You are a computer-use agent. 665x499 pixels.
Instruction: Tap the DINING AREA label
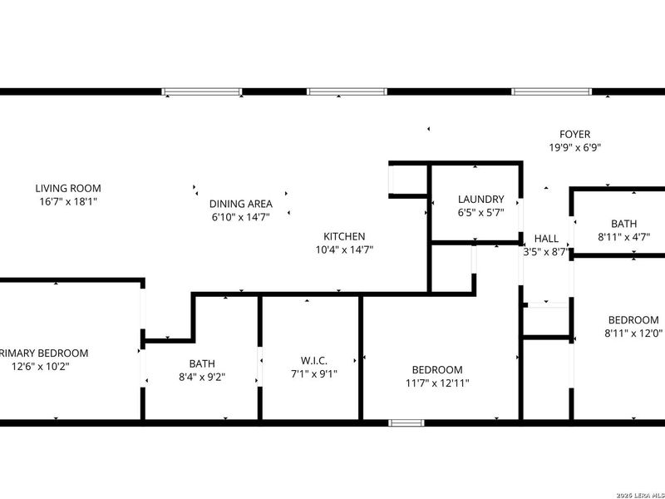coord(241,203)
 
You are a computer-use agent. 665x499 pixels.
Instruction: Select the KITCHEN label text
coord(344,237)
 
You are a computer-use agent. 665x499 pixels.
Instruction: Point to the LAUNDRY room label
coord(480,200)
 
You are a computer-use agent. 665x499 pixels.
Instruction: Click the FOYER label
coord(574,134)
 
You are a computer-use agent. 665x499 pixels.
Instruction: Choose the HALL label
coord(546,239)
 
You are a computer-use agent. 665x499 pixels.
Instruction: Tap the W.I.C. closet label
coord(313,361)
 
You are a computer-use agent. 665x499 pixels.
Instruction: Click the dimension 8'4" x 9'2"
coord(201,377)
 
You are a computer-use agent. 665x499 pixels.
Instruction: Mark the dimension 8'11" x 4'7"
coord(623,237)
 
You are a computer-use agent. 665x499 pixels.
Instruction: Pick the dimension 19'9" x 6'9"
coord(574,147)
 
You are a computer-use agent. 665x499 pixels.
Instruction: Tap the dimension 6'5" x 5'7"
coord(480,213)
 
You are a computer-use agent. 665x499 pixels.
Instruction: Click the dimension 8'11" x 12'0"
coord(633,333)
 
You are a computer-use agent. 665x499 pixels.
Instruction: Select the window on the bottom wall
coord(406,423)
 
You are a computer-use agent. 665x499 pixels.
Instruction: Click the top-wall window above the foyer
coord(551,91)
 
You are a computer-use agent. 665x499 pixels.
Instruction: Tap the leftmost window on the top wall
coord(201,91)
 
